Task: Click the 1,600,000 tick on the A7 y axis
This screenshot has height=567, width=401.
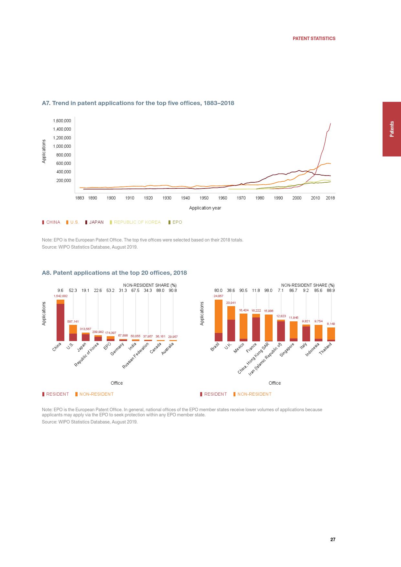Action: (62, 121)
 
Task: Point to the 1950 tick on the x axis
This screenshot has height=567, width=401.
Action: (204, 198)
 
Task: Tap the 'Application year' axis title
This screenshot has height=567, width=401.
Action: (205, 208)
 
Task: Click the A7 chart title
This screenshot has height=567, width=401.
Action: (138, 103)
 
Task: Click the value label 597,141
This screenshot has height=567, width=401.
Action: (73, 322)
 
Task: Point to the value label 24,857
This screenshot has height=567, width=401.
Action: (218, 296)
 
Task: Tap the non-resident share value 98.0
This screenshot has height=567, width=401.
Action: (268, 290)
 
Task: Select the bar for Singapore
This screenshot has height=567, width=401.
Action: (294, 331)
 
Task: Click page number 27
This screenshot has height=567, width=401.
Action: (333, 540)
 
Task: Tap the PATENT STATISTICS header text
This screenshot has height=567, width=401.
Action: (314, 38)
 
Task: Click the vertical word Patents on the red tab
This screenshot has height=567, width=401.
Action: (392, 129)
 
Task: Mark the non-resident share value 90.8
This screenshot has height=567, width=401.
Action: (173, 290)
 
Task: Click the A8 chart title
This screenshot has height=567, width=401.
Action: (114, 273)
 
